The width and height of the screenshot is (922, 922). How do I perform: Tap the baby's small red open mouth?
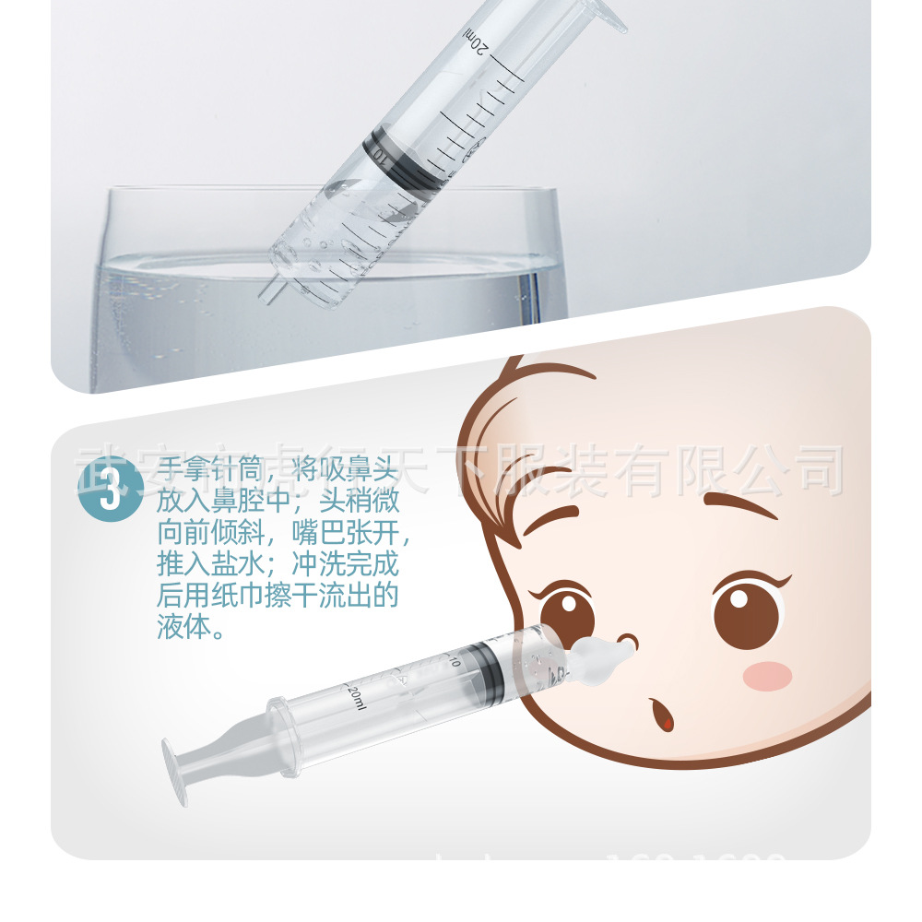pyautogui.click(x=661, y=715)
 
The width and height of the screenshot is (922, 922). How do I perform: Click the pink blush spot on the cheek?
pyautogui.click(x=767, y=675)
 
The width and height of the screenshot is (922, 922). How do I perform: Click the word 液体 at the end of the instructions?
pyautogui.click(x=190, y=629)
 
